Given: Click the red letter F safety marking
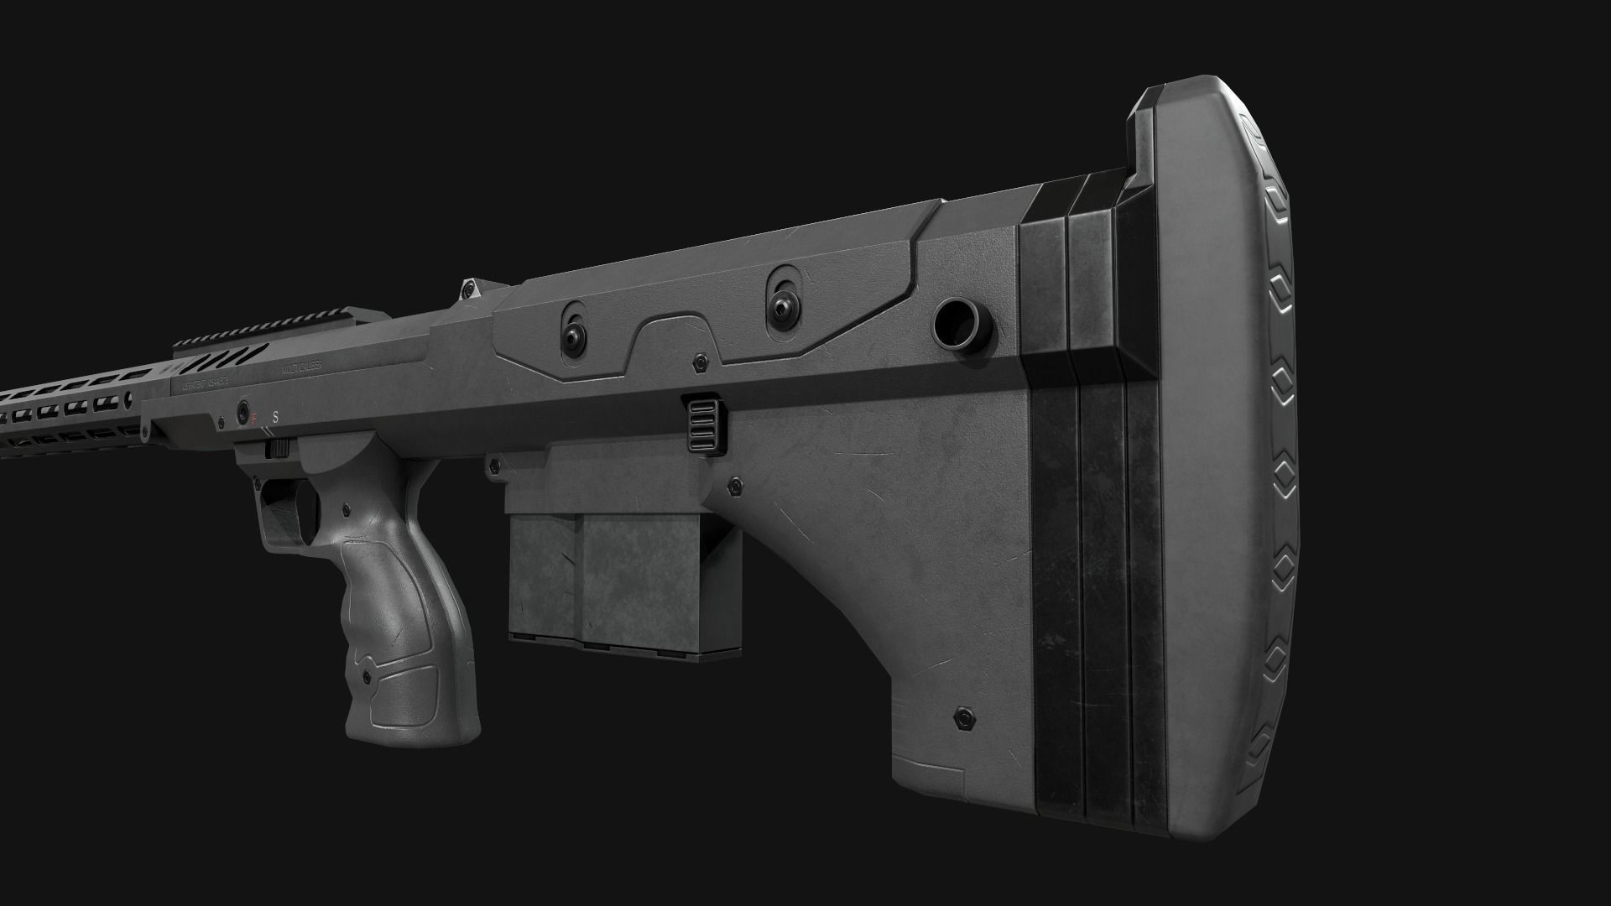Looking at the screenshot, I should [255, 417].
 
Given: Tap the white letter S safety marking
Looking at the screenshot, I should [276, 415].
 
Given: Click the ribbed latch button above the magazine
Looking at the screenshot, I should [704, 425].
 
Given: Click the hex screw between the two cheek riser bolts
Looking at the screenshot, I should [699, 362].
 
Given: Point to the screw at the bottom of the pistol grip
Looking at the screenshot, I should [367, 676].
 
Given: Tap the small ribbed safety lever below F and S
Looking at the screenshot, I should [276, 450].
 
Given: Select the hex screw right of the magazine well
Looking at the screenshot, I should [736, 484].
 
